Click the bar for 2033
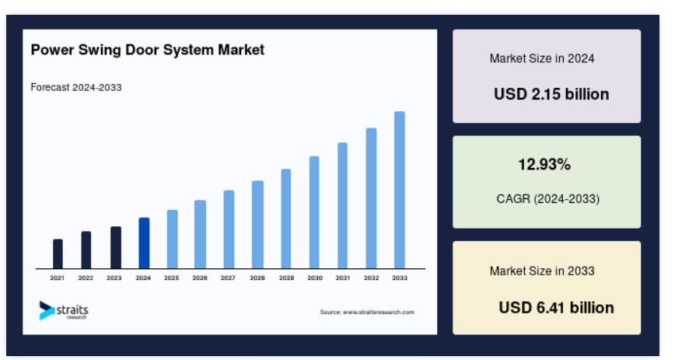(400, 190)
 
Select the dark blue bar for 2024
(144, 243)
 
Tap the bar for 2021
(58, 253)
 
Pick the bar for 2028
(257, 225)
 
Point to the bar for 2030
(314, 212)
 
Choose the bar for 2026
(200, 234)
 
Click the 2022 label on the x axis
(86, 278)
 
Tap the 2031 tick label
(343, 278)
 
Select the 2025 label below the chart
(171, 278)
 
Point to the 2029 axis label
(286, 278)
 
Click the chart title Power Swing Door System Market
(148, 50)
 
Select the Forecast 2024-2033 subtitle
(76, 87)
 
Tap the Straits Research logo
(64, 310)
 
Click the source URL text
(367, 312)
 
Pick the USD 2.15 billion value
(551, 94)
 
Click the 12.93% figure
(544, 164)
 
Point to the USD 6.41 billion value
(556, 307)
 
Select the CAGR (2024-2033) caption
(548, 199)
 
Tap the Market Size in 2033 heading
(542, 271)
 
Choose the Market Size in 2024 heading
(542, 58)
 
